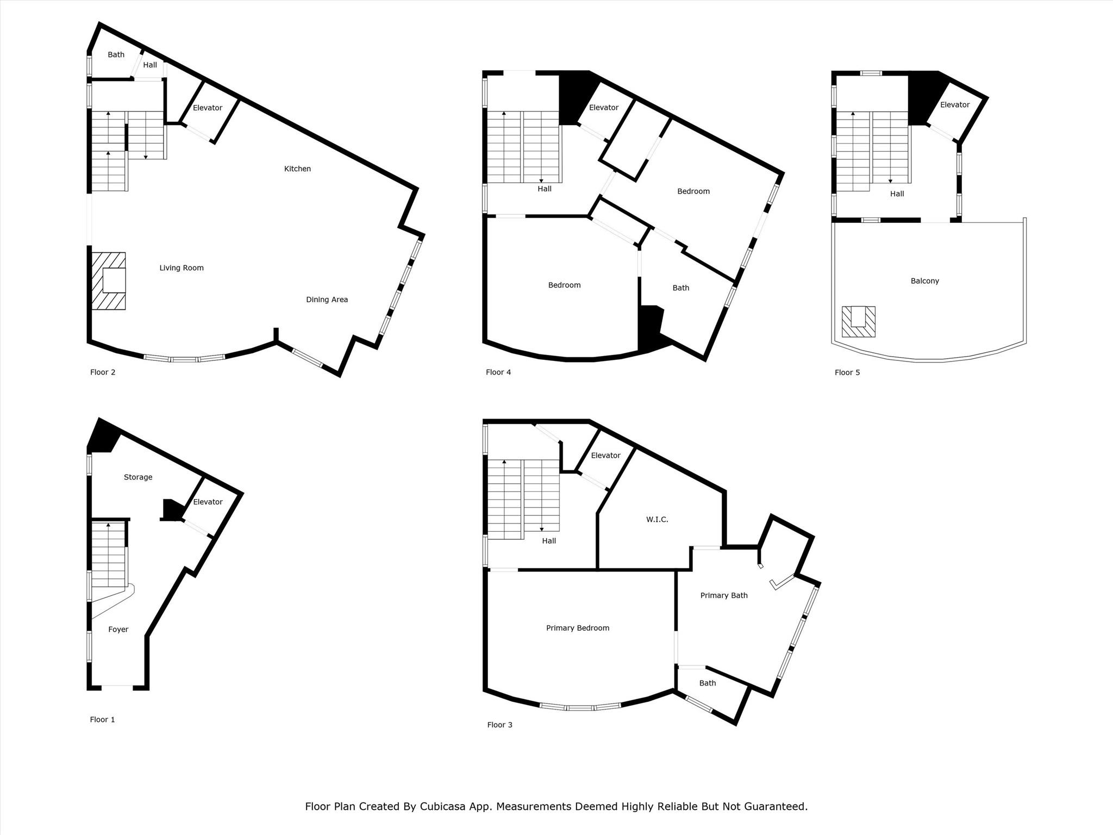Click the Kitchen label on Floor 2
pyautogui.click(x=297, y=169)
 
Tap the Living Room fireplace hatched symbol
pyautogui.click(x=109, y=281)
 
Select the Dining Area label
pyautogui.click(x=327, y=300)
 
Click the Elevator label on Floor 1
pyautogui.click(x=208, y=502)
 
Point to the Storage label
pyautogui.click(x=138, y=477)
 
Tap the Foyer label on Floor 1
pyautogui.click(x=118, y=630)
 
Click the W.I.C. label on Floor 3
pyautogui.click(x=657, y=520)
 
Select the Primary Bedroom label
pyautogui.click(x=577, y=628)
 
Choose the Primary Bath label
pyautogui.click(x=723, y=595)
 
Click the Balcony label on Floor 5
pyautogui.click(x=924, y=281)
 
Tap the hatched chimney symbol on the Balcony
pyautogui.click(x=858, y=321)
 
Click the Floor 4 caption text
pyautogui.click(x=498, y=372)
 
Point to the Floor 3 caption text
pyautogui.click(x=499, y=725)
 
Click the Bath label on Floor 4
pyautogui.click(x=680, y=288)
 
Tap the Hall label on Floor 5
pyautogui.click(x=897, y=194)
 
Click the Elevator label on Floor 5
pyautogui.click(x=954, y=105)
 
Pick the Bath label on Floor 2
pyautogui.click(x=116, y=55)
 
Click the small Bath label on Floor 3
pyautogui.click(x=707, y=683)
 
